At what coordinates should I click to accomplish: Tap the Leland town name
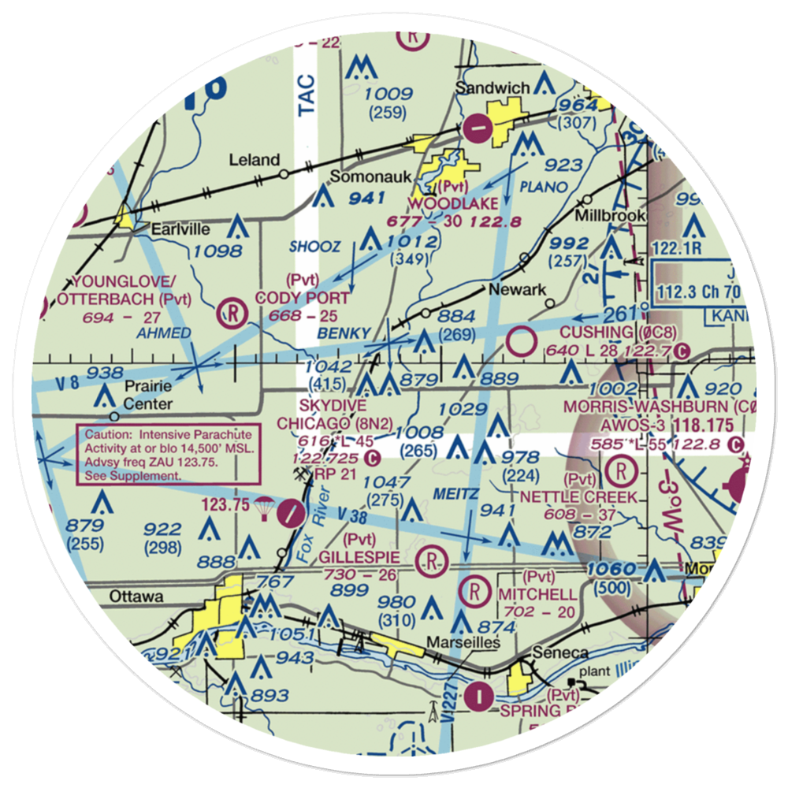pos(254,160)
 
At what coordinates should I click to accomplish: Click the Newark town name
pos(517,290)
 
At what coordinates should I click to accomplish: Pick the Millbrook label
pos(611,215)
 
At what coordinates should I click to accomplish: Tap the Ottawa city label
pos(137,597)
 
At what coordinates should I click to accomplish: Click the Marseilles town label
pos(463,643)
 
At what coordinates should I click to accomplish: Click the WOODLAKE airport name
pos(453,204)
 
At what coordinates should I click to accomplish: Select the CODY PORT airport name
pos(301,298)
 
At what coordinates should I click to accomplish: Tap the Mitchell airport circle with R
pos(475,589)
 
